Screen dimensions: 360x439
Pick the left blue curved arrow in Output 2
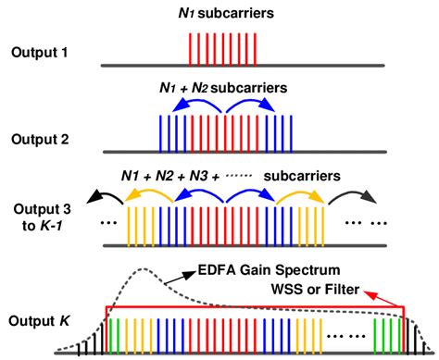point(192,106)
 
